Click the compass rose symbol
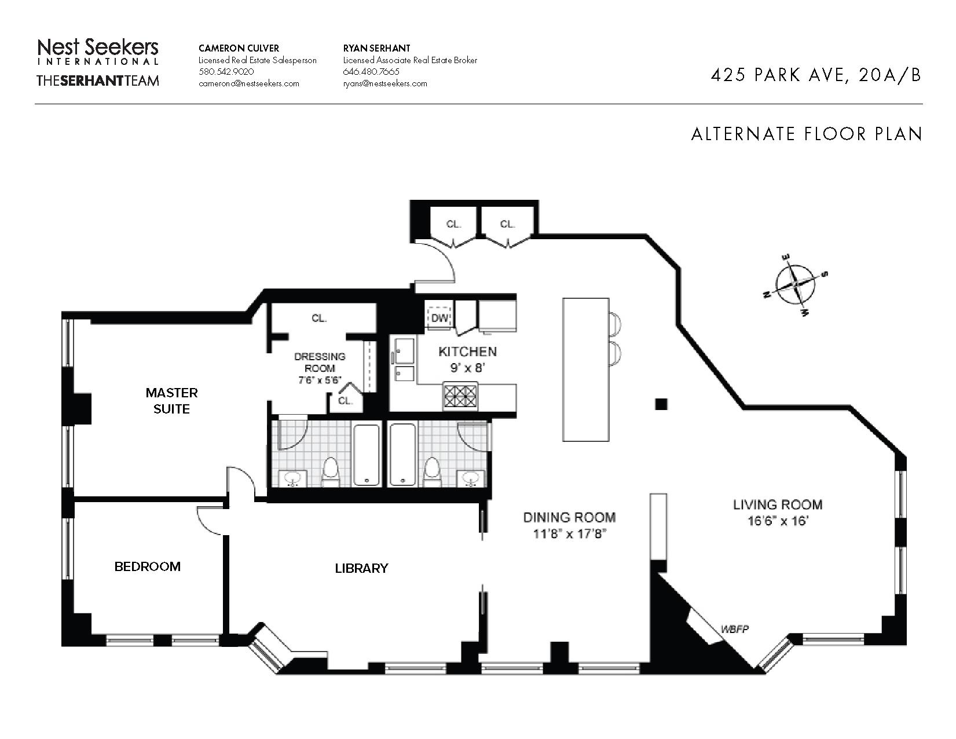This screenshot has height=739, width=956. pyautogui.click(x=796, y=285)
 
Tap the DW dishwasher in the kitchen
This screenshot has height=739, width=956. pyautogui.click(x=439, y=317)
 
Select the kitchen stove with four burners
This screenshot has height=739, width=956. pyautogui.click(x=460, y=397)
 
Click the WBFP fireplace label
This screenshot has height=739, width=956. pyautogui.click(x=734, y=629)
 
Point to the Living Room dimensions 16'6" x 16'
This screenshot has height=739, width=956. pyautogui.click(x=778, y=521)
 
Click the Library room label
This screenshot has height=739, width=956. pyautogui.click(x=362, y=568)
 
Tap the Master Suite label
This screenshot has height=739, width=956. pyautogui.click(x=171, y=401)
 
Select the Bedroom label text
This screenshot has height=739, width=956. pyautogui.click(x=148, y=566)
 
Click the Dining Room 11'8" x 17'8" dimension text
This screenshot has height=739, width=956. pyautogui.click(x=570, y=534)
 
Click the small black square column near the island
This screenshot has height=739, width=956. pyautogui.click(x=661, y=404)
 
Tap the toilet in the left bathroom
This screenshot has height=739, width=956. pyautogui.click(x=330, y=471)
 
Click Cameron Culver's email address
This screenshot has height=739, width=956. pyautogui.click(x=249, y=83)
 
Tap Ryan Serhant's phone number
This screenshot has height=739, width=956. pyautogui.click(x=371, y=72)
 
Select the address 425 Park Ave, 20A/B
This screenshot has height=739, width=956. pyautogui.click(x=816, y=75)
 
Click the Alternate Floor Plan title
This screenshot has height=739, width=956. pyautogui.click(x=807, y=134)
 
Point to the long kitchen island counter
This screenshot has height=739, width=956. pyautogui.click(x=586, y=370)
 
